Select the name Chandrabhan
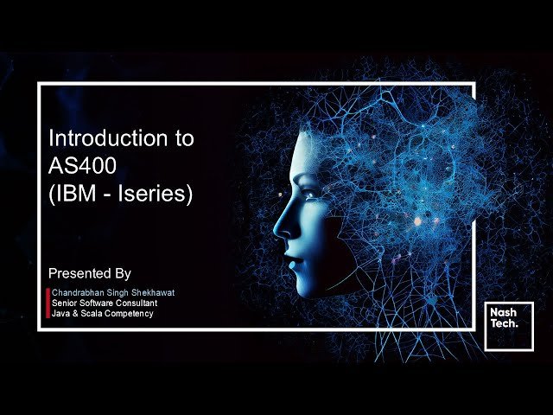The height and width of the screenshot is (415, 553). pyautogui.click(x=79, y=293)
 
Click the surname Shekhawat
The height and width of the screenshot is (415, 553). pyautogui.click(x=154, y=293)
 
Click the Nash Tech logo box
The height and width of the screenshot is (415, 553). pyautogui.click(x=509, y=326)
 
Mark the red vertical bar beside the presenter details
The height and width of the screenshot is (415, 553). pyautogui.click(x=48, y=303)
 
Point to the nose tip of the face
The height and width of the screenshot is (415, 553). pyautogui.click(x=277, y=231)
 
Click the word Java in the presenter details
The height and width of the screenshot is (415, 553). pyautogui.click(x=60, y=314)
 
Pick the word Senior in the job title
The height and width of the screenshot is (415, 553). pyautogui.click(x=64, y=303)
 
